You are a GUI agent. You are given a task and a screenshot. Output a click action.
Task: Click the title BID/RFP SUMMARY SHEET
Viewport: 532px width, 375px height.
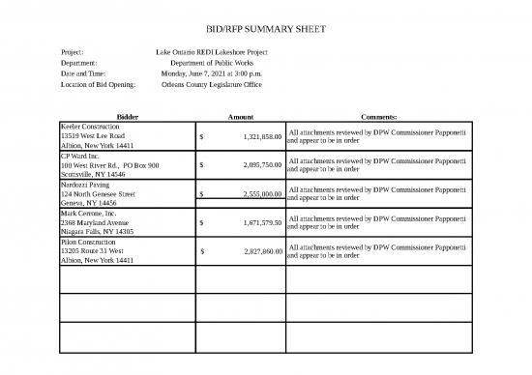pos(265,28)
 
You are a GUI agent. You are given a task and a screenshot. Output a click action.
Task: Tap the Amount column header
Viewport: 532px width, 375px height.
pos(239,116)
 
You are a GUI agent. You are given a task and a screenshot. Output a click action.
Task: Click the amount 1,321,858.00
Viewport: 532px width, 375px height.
pos(257,136)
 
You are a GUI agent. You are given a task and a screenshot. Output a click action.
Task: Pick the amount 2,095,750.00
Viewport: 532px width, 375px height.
pos(257,164)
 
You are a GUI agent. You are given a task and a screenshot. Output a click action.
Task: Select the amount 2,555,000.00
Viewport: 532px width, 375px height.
pos(257,193)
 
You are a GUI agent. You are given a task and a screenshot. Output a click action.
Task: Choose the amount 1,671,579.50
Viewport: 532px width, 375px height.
pos(257,222)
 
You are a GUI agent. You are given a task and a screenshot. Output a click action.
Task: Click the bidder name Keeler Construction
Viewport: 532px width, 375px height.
pos(90,127)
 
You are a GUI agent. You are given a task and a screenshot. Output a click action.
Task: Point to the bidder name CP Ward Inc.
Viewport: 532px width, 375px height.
pos(80,155)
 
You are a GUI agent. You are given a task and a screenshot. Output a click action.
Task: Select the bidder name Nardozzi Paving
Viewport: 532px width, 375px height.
pos(86,184)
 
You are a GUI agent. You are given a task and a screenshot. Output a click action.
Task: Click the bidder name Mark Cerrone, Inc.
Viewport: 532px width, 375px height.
pos(88,213)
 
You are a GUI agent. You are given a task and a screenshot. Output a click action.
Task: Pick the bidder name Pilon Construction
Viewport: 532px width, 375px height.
pos(89,241)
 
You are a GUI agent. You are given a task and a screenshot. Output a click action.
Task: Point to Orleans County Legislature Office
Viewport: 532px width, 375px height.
pos(212,85)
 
